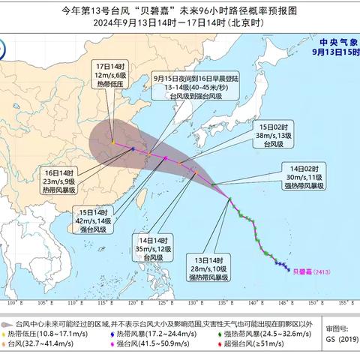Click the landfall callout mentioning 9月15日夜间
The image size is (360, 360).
[x=181, y=88]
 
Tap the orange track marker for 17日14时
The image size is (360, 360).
[x=113, y=142]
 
